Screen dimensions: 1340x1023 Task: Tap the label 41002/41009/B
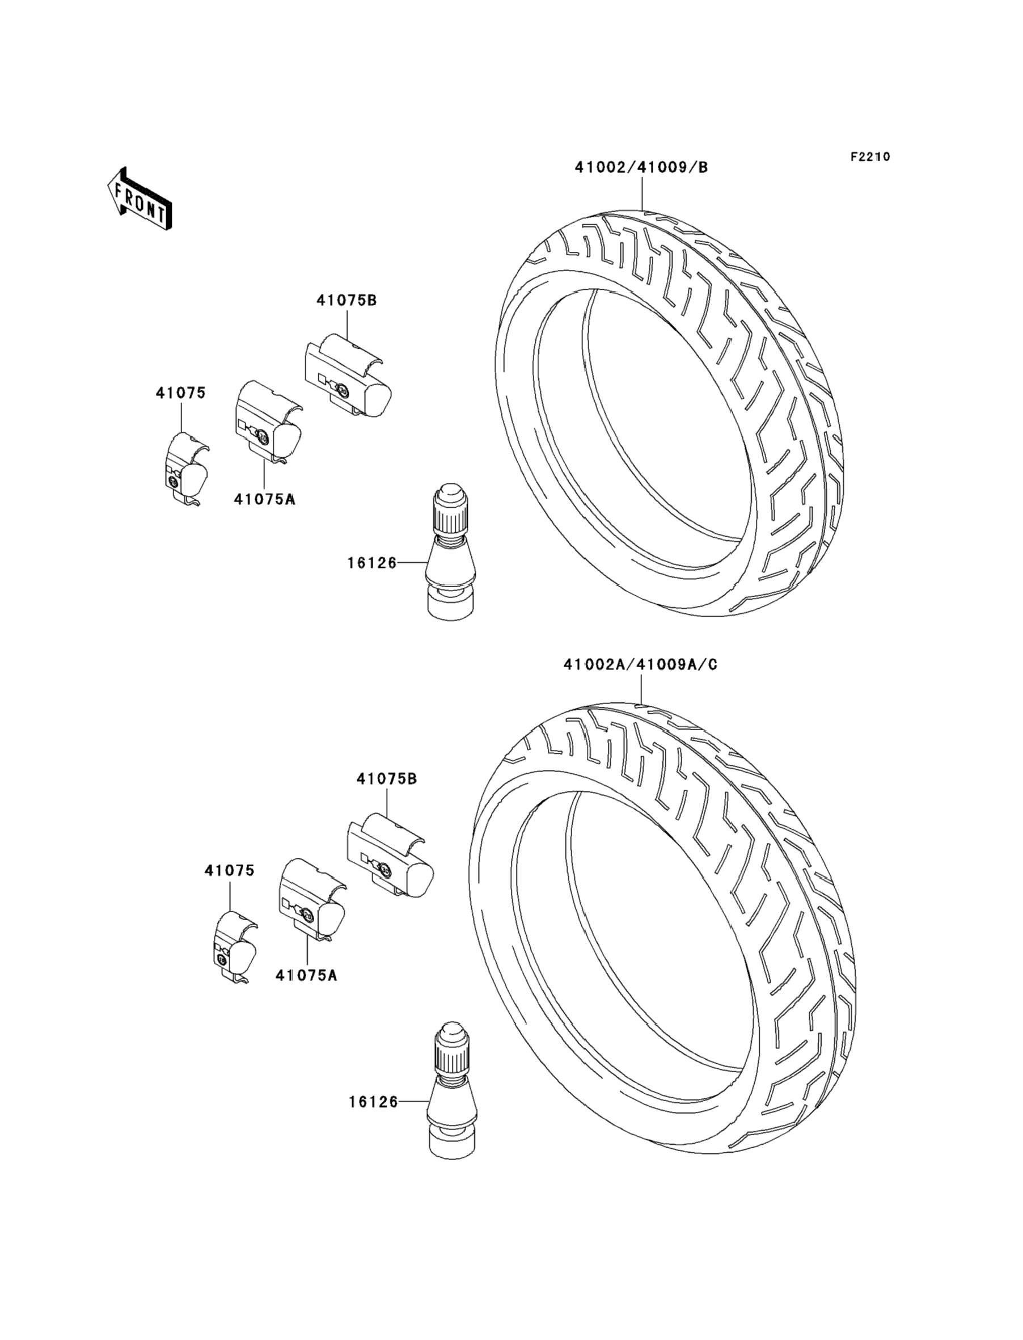point(641,167)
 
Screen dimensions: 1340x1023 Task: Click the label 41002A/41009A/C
point(640,664)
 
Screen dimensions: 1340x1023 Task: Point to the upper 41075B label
point(346,300)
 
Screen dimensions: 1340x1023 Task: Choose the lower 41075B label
point(387,778)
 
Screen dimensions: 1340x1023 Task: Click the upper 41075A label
point(264,499)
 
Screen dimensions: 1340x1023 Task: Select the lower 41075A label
point(306,975)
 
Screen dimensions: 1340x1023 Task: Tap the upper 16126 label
point(372,563)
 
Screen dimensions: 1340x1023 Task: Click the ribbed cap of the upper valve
point(451,505)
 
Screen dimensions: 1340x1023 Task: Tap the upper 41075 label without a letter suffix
point(181,393)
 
